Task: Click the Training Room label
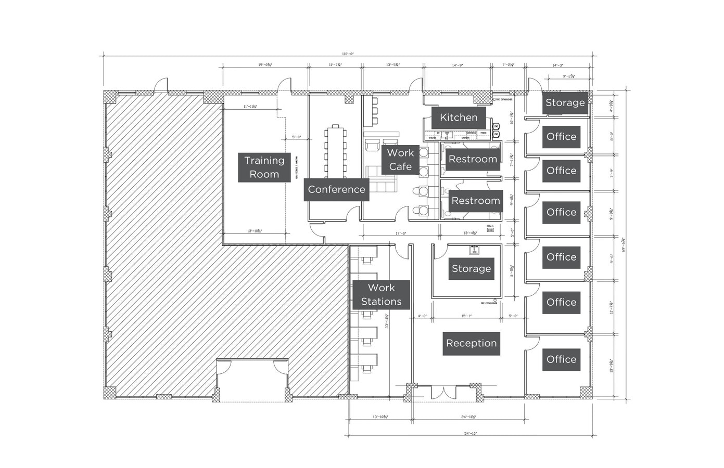[264, 167]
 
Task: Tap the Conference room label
[336, 189]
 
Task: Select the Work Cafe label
[400, 160]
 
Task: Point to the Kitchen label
[459, 118]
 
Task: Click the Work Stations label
[381, 295]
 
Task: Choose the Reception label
[471, 343]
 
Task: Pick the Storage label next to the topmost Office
[565, 103]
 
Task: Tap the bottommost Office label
[561, 359]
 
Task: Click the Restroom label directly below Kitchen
[473, 159]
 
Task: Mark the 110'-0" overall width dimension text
[348, 54]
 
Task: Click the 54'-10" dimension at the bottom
[471, 433]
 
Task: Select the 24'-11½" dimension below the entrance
[469, 417]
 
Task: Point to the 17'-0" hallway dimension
[400, 233]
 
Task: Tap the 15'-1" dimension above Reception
[466, 316]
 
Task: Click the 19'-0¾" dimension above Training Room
[265, 65]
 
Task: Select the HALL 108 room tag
[490, 228]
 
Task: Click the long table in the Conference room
[335, 151]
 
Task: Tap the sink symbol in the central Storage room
[474, 250]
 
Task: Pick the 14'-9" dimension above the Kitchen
[457, 65]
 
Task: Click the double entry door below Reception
[443, 393]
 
